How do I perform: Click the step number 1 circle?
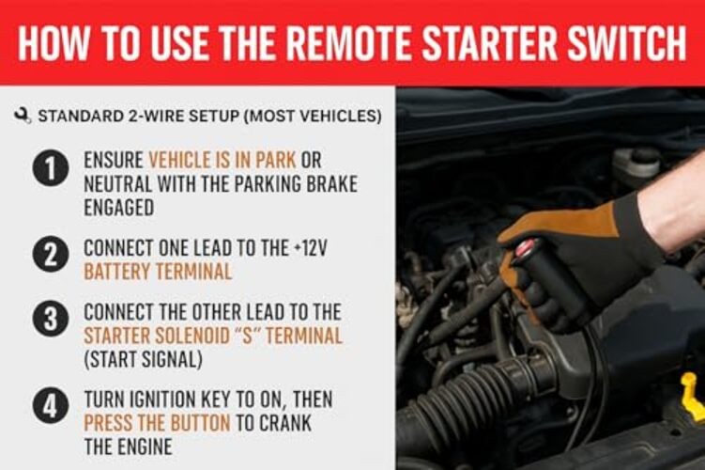[x=51, y=170]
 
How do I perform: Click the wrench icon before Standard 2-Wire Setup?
[x=23, y=117]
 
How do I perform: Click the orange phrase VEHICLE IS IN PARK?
[x=216, y=161]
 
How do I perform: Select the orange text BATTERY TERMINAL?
[x=158, y=272]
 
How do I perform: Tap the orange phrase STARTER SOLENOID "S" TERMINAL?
[x=213, y=336]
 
